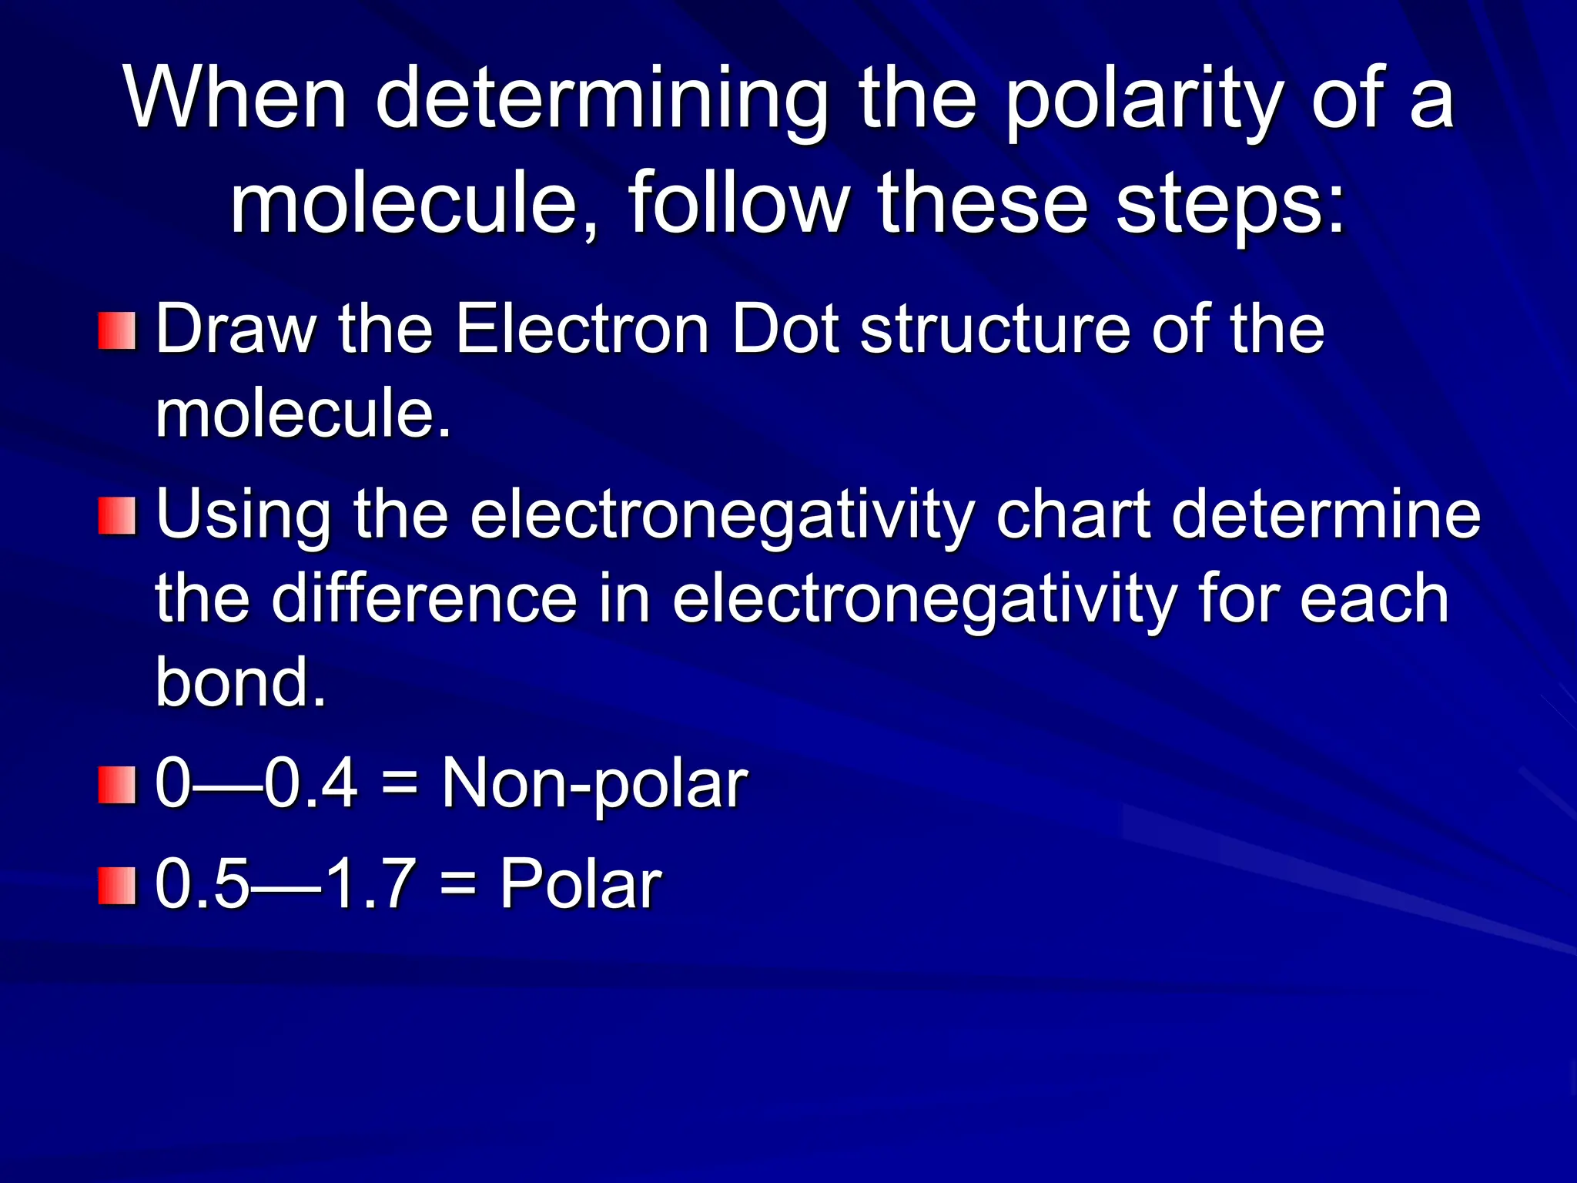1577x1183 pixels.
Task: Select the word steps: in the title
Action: (x=1231, y=205)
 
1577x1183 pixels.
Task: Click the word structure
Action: (x=994, y=331)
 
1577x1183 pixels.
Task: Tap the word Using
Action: (x=243, y=516)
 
